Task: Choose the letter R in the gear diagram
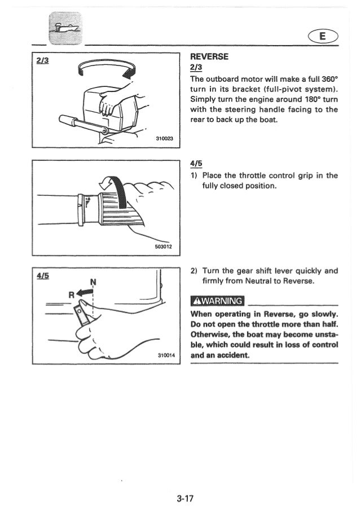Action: (x=71, y=294)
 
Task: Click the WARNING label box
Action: (x=217, y=300)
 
